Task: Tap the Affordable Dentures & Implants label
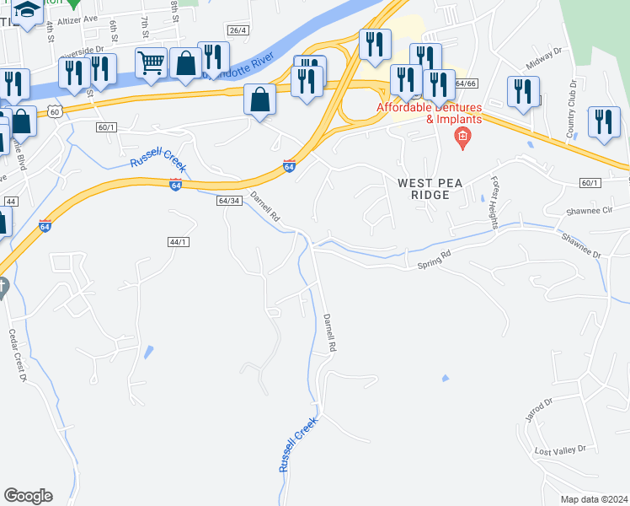[429, 113]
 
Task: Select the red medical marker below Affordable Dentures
[461, 137]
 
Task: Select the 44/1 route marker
[178, 242]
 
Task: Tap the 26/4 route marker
[238, 30]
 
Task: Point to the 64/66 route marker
[466, 83]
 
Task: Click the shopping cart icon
[151, 62]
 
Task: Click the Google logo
[28, 496]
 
